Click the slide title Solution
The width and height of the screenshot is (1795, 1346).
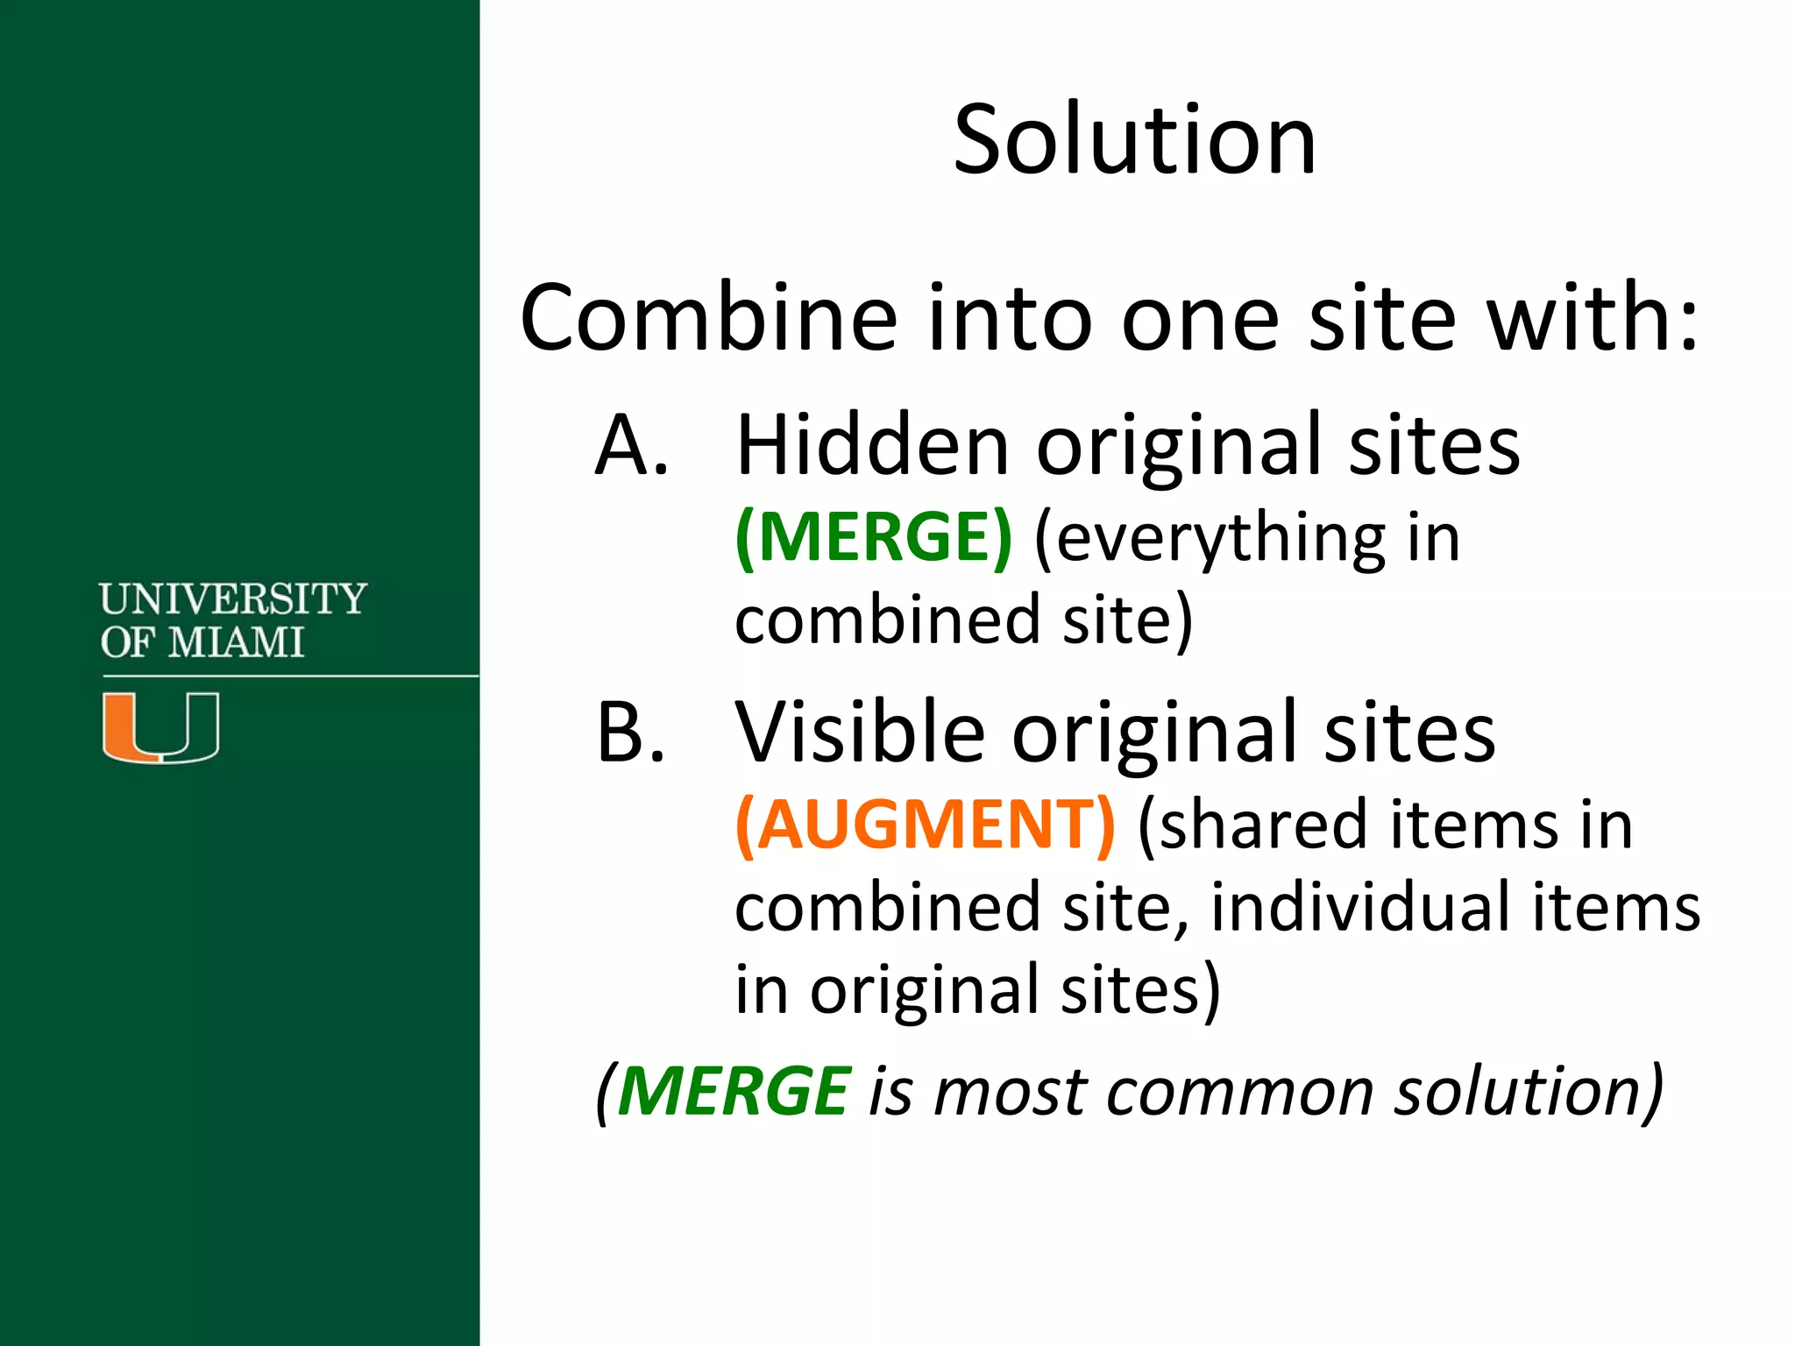point(1134,140)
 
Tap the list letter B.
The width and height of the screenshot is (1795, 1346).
point(630,733)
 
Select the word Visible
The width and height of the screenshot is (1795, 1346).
point(860,733)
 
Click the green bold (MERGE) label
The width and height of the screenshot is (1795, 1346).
point(874,537)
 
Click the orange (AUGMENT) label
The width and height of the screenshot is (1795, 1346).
point(926,825)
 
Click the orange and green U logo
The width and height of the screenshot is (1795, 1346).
point(160,726)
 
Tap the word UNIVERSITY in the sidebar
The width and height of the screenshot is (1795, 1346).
point(232,599)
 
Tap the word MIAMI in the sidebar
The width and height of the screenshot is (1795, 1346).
point(236,642)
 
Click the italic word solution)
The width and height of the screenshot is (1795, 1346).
point(1529,1092)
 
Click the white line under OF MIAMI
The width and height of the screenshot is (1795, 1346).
point(289,676)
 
